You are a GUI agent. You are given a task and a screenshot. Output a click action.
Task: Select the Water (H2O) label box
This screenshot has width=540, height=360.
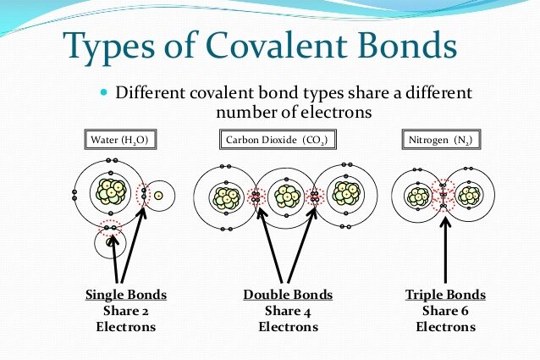121,139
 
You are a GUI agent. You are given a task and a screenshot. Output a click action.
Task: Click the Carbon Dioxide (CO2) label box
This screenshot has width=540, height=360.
276,139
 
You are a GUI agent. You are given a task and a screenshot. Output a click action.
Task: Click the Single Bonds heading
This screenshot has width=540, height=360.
126,295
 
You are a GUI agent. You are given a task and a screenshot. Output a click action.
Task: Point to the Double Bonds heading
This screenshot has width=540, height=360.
288,295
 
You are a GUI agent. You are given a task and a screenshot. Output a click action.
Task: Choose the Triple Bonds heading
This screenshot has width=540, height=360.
447,295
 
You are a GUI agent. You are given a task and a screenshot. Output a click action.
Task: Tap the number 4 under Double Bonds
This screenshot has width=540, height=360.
306,311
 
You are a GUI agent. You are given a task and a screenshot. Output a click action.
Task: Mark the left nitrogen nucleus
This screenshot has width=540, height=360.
418,197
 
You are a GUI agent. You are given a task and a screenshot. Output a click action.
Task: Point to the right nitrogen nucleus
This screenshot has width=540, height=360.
469,197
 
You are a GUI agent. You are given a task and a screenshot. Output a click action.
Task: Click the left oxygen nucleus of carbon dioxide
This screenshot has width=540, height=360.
225,197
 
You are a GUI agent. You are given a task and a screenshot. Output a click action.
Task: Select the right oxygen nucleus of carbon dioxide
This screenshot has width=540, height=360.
345,194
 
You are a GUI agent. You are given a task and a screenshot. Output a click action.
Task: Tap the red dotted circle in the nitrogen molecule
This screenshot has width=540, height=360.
444,197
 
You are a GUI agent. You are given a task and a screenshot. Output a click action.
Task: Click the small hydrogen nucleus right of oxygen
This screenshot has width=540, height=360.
158,196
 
